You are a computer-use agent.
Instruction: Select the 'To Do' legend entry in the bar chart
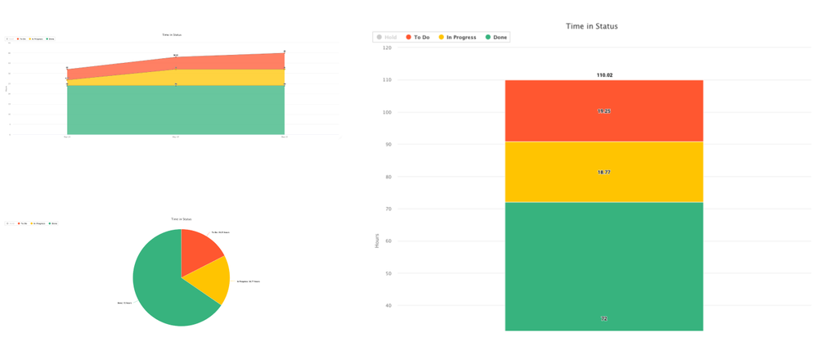click(421, 38)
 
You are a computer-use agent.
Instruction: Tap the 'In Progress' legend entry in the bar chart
click(460, 38)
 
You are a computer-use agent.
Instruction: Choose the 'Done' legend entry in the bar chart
click(501, 38)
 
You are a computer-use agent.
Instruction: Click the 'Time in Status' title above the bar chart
click(592, 26)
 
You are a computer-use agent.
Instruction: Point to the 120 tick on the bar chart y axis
click(387, 48)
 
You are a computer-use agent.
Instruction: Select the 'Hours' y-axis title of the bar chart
click(377, 241)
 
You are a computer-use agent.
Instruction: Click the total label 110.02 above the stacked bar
click(604, 75)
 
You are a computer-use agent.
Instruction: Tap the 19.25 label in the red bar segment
click(604, 110)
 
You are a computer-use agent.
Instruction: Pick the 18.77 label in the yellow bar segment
click(604, 173)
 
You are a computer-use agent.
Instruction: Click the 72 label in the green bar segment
click(604, 318)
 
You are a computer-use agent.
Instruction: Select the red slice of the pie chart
click(199, 250)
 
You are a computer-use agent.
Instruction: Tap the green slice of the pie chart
click(159, 286)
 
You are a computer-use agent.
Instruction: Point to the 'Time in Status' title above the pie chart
click(181, 220)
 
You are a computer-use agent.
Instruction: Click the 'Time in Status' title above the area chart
click(173, 35)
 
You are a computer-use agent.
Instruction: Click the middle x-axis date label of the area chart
click(176, 137)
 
